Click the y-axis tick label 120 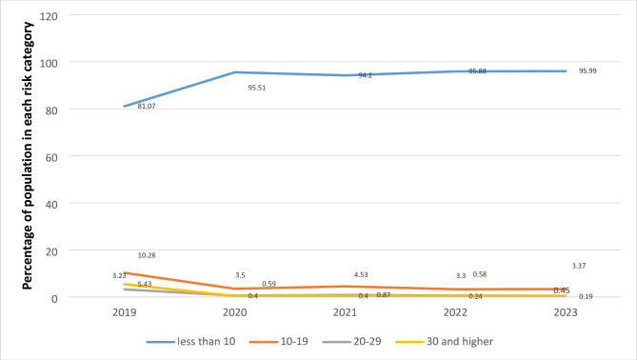(49, 16)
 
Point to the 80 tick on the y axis (51, 110)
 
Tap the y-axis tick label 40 (51, 203)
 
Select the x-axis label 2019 (125, 311)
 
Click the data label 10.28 (148, 255)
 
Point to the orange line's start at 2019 (125, 272)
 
